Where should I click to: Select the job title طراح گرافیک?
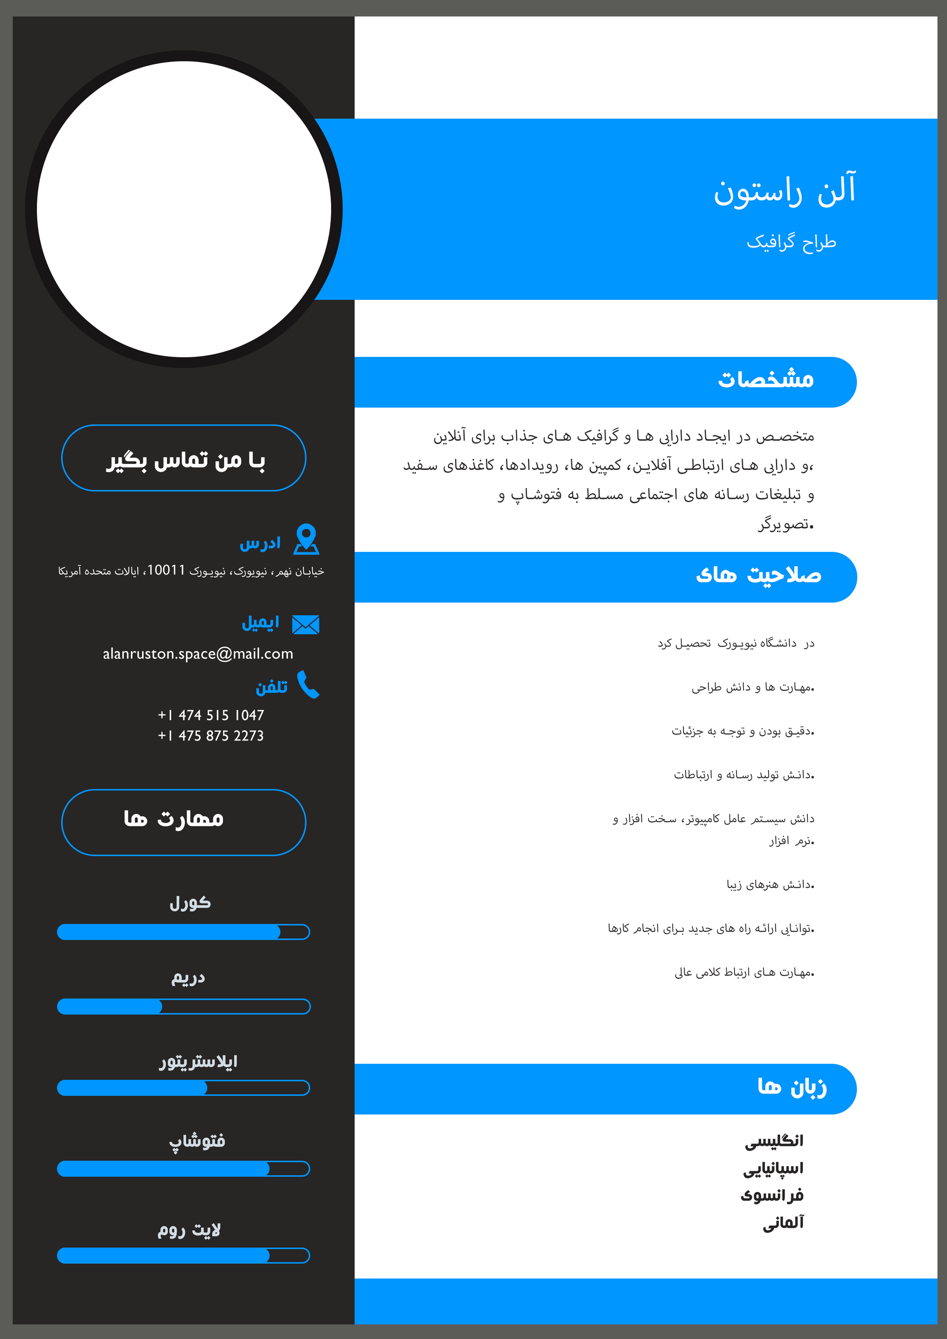[x=791, y=242]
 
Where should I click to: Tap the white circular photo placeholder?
[x=184, y=209]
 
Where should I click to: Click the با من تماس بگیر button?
[x=184, y=458]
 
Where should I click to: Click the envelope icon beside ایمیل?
[x=306, y=625]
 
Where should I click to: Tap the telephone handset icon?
[x=308, y=685]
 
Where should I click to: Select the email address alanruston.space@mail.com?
[x=198, y=654]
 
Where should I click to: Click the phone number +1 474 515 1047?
[x=211, y=715]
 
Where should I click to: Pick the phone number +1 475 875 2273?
[x=211, y=736]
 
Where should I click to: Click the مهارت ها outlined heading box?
[x=184, y=822]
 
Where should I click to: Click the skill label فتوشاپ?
[x=197, y=1141]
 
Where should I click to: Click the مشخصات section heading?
[x=765, y=380]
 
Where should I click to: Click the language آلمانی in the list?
[x=783, y=1222]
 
